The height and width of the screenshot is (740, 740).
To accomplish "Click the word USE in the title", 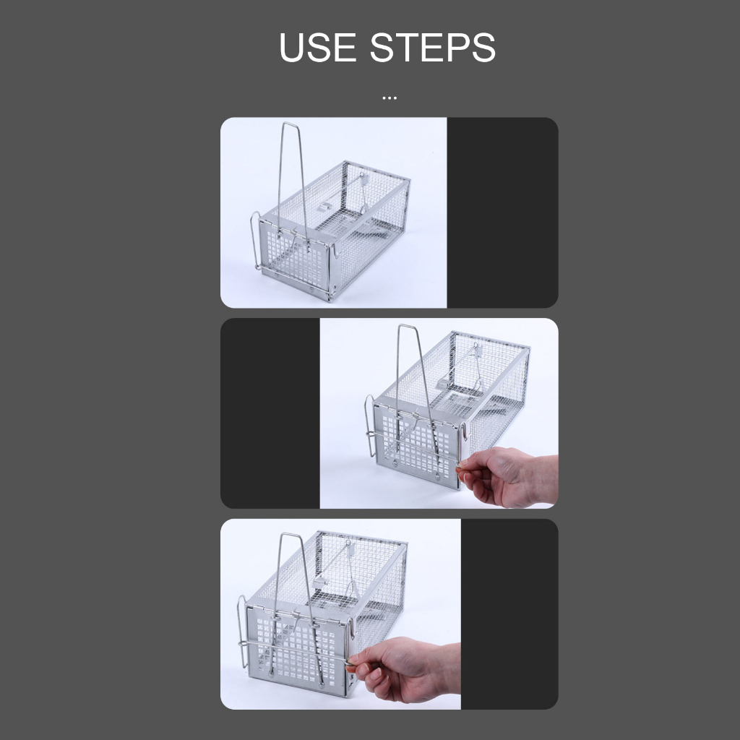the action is tap(318, 47).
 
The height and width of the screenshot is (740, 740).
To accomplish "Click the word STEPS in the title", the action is tap(433, 47).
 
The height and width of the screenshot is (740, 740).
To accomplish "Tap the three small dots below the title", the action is tap(390, 98).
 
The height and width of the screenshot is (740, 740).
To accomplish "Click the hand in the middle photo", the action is tap(509, 477).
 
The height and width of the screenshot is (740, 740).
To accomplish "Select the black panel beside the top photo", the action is tap(503, 212).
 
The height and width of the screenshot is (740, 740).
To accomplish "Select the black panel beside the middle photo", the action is tap(270, 413).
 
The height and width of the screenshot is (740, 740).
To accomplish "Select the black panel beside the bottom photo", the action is tap(509, 614).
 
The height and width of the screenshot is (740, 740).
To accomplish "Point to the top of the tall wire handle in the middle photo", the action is tap(407, 326).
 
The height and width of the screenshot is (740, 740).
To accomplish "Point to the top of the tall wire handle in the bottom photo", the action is tap(292, 535).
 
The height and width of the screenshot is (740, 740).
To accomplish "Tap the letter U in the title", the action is tap(292, 47).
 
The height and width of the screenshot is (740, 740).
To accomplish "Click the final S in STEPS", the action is tap(482, 47).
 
